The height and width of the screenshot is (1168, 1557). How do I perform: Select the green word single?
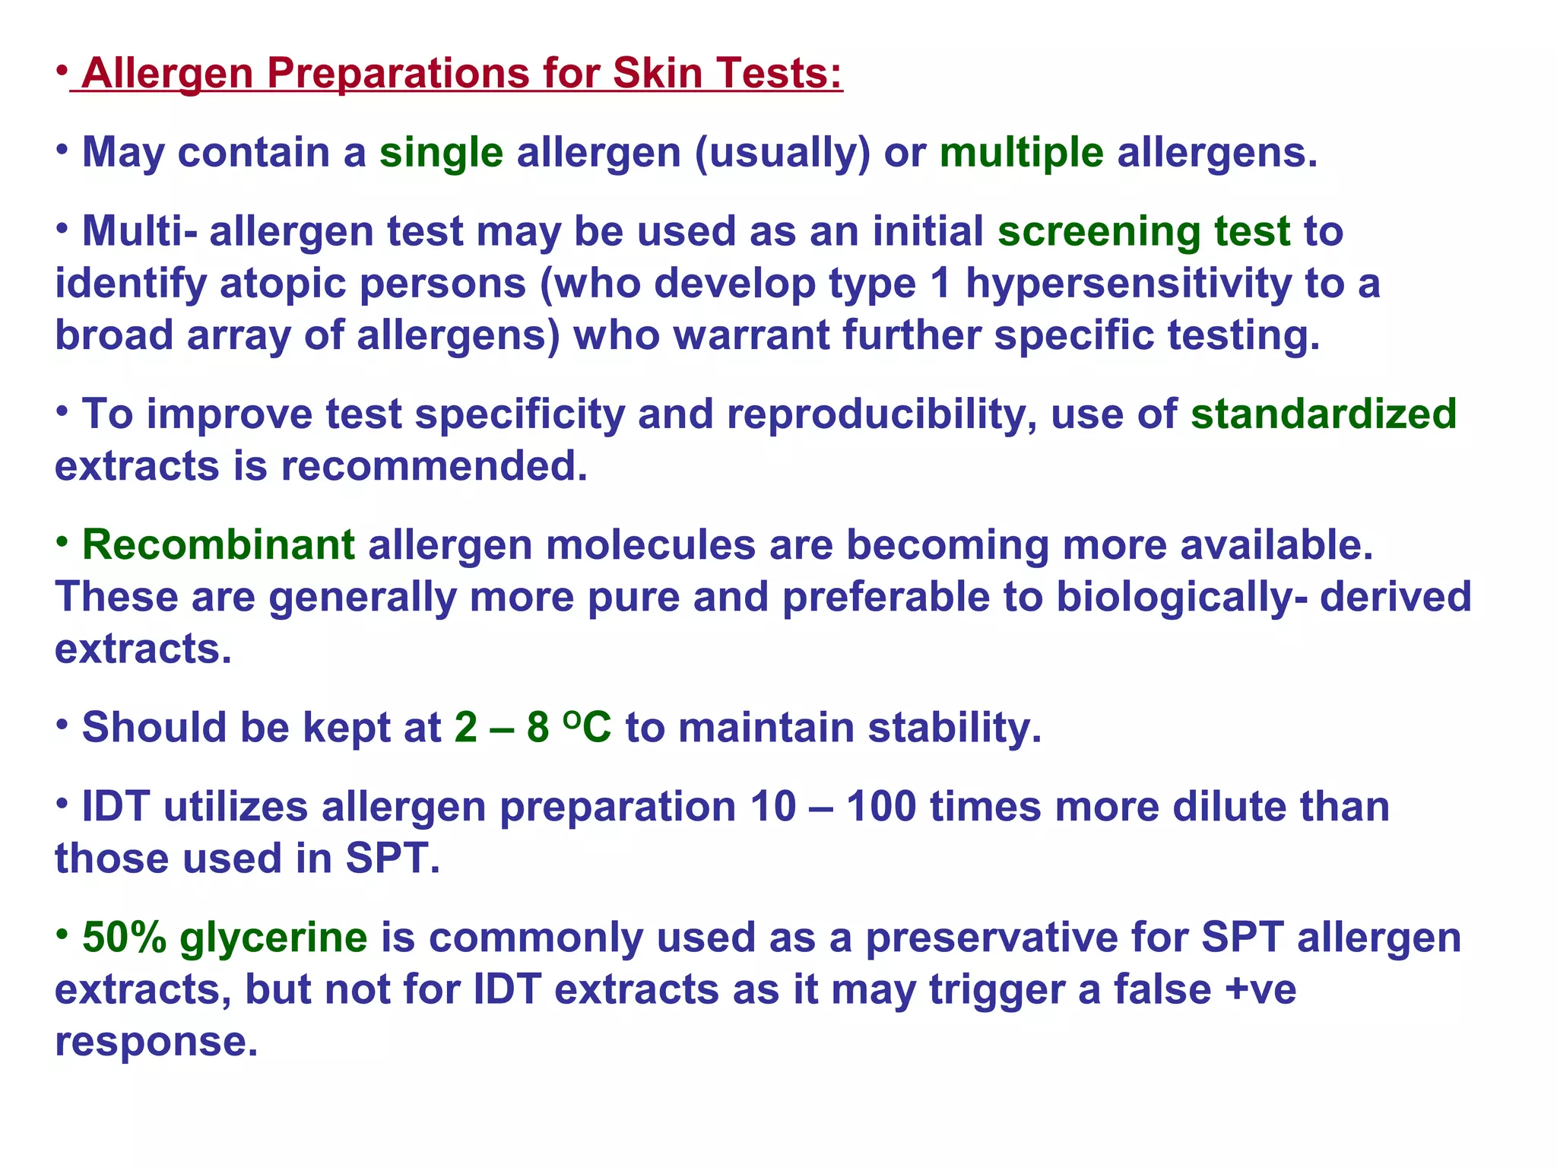[441, 153]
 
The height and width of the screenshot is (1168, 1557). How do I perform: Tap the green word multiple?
[1021, 153]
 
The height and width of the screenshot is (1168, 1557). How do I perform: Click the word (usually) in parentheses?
[782, 153]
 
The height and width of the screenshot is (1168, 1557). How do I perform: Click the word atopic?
[289, 284]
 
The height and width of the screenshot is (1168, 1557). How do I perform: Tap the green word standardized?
[1323, 414]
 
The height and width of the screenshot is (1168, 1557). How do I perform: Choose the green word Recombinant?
[218, 545]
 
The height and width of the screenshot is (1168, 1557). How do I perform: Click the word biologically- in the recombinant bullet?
[1181, 597]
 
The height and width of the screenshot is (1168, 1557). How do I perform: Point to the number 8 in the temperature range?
[537, 728]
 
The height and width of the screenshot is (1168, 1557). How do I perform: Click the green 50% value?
[124, 938]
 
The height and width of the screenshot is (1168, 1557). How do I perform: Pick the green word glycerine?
[274, 938]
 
